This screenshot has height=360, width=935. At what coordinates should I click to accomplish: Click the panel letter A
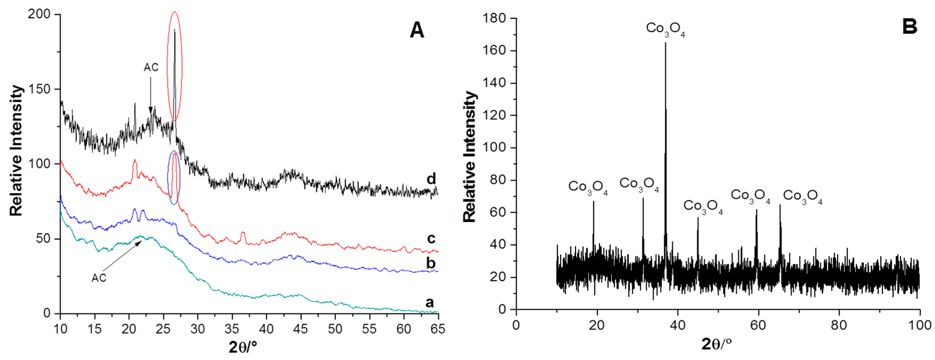tap(417, 30)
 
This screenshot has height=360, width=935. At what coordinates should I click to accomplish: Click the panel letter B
tap(910, 27)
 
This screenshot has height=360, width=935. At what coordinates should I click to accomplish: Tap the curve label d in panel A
tap(431, 179)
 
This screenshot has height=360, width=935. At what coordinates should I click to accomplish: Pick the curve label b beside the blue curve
tap(431, 263)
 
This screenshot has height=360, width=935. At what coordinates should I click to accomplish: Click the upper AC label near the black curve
tap(151, 68)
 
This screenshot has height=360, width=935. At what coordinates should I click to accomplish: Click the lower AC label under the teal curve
tap(99, 278)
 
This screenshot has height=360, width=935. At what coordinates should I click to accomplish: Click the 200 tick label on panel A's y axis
tap(39, 14)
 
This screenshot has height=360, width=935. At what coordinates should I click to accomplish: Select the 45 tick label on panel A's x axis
tap(300, 329)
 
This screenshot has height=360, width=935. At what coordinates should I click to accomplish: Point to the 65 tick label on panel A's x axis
tap(437, 329)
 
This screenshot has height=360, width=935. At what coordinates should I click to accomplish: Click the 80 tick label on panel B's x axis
tap(839, 325)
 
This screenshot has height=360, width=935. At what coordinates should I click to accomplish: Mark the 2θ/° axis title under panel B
tap(716, 344)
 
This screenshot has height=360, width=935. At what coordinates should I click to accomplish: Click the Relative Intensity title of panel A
tap(16, 151)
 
